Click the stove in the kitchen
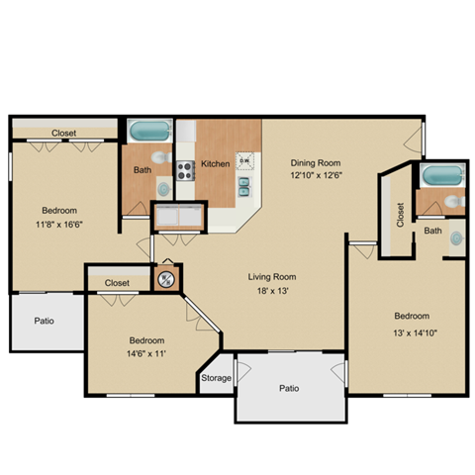coord(185,170)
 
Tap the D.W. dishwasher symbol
coord(245,160)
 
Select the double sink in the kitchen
coord(244,186)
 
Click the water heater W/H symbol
coord(166,280)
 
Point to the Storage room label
coord(216,378)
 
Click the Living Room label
coord(272,277)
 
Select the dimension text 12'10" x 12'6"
coord(316,175)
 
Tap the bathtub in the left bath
coord(149,131)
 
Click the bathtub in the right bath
coord(442,175)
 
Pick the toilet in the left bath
coord(161,157)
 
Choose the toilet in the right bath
coord(454,201)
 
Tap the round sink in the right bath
coord(457,238)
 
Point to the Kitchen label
coord(216,163)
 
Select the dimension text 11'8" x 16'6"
coord(59,225)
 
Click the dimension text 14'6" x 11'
coord(146,354)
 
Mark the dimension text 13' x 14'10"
coord(415,332)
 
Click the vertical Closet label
coord(400,215)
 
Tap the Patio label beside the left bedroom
coord(44,321)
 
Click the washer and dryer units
coord(179,216)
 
